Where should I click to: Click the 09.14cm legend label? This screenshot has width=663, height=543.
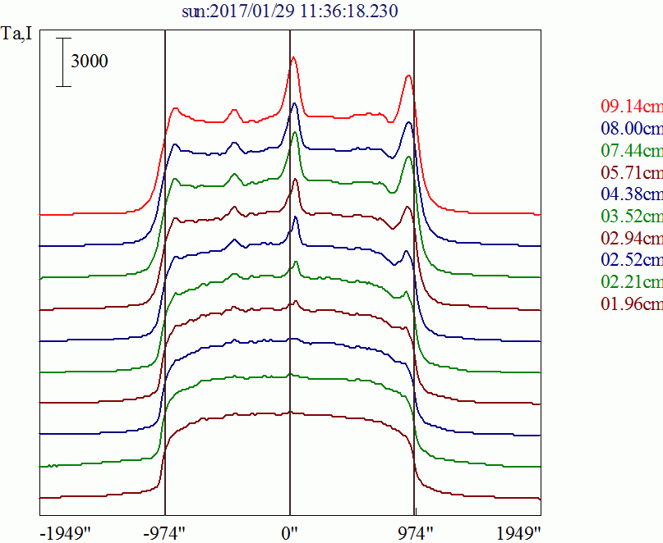[x=631, y=106]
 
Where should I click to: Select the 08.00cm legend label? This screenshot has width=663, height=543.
[x=631, y=128]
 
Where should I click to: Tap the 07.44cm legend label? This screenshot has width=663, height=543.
[x=631, y=150]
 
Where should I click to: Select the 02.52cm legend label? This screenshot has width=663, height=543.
[x=631, y=260]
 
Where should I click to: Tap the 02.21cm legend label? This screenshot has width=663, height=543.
[x=631, y=282]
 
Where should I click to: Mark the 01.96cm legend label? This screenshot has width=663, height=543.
[x=631, y=304]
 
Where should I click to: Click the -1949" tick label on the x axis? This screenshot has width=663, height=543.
[x=66, y=532]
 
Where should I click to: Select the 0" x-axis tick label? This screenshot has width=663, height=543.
[x=289, y=532]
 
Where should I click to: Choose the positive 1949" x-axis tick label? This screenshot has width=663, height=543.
[x=518, y=532]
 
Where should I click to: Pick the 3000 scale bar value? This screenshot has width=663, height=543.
[x=89, y=62]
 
